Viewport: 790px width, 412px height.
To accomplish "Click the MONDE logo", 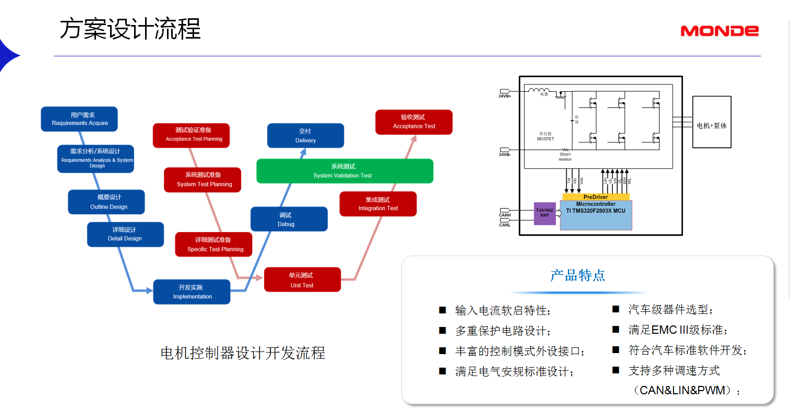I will point(719,31).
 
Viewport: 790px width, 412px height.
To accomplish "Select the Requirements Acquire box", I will point(79,119).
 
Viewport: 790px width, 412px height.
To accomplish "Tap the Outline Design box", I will point(106,202).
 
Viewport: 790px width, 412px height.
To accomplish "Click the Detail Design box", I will point(125,234).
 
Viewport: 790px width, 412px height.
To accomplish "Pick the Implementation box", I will point(191,292).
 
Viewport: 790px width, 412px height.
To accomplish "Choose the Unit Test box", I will point(302,280).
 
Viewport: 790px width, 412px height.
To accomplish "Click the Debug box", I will point(289,219).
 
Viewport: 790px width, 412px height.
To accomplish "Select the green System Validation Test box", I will point(344,171).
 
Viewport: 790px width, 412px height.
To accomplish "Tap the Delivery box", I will point(305,136).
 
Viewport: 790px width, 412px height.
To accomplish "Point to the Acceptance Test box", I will point(414,122).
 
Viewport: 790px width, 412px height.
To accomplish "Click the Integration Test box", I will point(378,204).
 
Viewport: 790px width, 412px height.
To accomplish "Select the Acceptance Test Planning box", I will point(191,135).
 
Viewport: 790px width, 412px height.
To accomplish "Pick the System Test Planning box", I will point(202,180).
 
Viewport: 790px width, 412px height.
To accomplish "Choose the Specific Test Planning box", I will point(213,245).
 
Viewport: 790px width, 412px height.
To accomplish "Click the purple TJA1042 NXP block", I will point(545,213).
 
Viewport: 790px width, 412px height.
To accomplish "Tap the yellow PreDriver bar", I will point(596,197).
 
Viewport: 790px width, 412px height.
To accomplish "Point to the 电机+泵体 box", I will point(712,126).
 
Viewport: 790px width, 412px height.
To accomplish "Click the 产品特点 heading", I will point(578,275).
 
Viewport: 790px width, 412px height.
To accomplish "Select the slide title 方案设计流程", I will point(130,29).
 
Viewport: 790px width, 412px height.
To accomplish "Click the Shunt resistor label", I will point(565,156).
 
